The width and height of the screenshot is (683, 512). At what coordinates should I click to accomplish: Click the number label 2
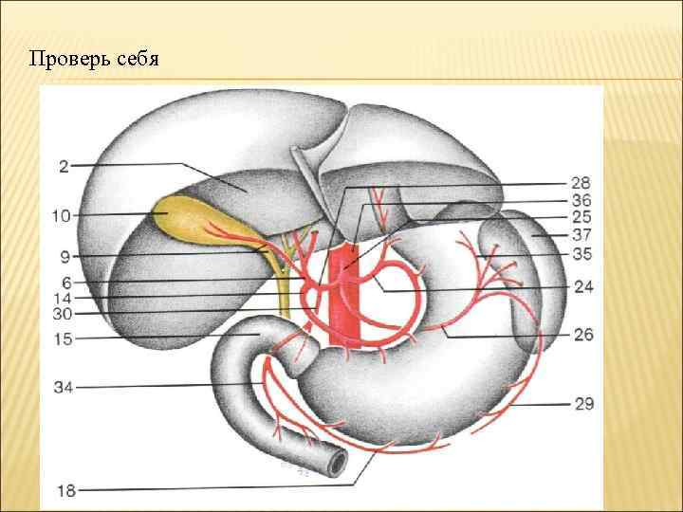pyautogui.click(x=63, y=167)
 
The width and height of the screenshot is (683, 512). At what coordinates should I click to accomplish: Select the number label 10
pyautogui.click(x=62, y=216)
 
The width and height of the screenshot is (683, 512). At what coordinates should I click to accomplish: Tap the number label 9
pyautogui.click(x=65, y=256)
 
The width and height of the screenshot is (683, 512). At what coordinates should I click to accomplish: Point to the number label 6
pyautogui.click(x=65, y=281)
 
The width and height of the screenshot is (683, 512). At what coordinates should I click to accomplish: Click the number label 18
pyautogui.click(x=65, y=490)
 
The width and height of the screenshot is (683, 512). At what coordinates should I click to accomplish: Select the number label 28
pyautogui.click(x=582, y=183)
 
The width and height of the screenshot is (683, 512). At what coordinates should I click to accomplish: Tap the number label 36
pyautogui.click(x=582, y=201)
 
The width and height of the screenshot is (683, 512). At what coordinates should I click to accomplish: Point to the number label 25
pyautogui.click(x=582, y=218)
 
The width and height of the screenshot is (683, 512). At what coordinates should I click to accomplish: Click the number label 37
pyautogui.click(x=582, y=235)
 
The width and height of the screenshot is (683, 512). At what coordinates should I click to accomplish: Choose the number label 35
pyautogui.click(x=582, y=253)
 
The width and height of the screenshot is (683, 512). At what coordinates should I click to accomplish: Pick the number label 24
pyautogui.click(x=582, y=286)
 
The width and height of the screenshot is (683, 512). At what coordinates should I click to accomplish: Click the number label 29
pyautogui.click(x=582, y=404)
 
